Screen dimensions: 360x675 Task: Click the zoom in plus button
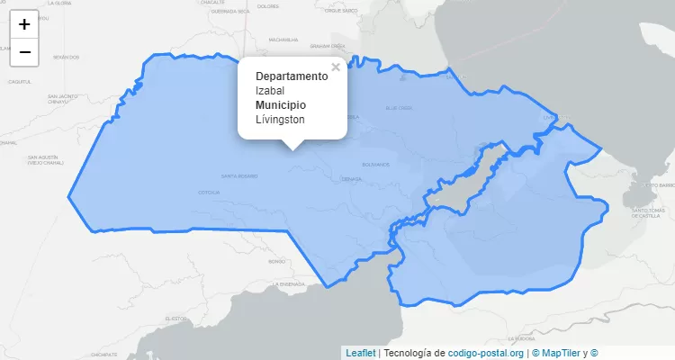[24, 24]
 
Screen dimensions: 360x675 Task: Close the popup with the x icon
[336, 67]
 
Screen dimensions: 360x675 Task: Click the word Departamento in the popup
[292, 76]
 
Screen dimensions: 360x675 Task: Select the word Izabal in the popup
[271, 90]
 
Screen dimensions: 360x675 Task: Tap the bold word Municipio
[280, 104]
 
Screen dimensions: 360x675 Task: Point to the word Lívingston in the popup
[280, 119]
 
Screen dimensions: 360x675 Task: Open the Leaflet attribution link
[361, 353]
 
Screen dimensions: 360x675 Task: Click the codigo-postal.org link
[485, 353]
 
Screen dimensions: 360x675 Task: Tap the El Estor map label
[175, 319]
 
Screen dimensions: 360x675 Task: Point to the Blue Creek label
[399, 107]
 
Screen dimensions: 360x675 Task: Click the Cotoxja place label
[209, 192]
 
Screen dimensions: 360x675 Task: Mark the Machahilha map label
[283, 40]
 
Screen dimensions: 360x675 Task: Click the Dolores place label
[268, 6]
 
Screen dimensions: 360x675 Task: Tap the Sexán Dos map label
[66, 57]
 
